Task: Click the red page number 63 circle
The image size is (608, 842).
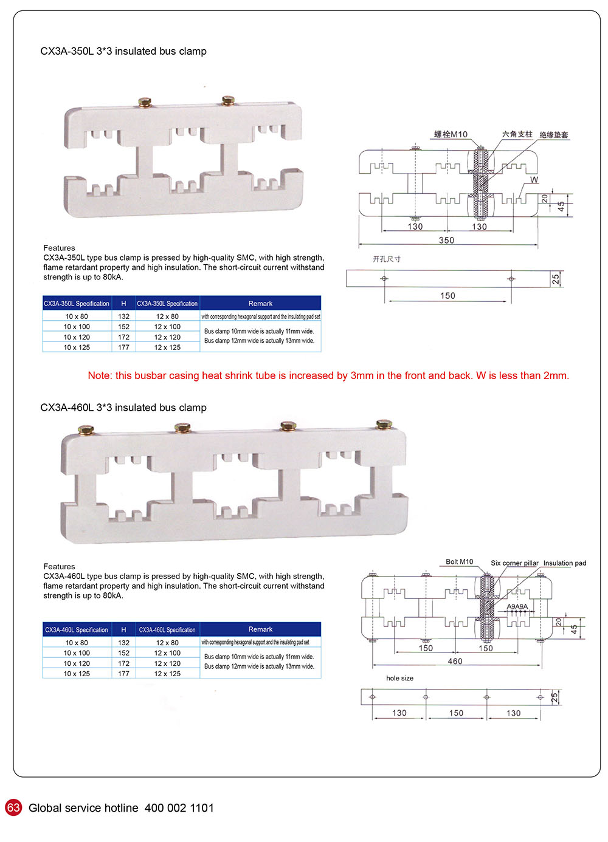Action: pyautogui.click(x=13, y=807)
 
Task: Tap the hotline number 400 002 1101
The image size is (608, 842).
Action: pyautogui.click(x=179, y=808)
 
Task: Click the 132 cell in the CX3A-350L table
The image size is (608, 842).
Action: pyautogui.click(x=124, y=317)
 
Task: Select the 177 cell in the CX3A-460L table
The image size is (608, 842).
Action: pyautogui.click(x=124, y=674)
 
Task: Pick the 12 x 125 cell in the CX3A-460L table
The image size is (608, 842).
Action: pyautogui.click(x=167, y=674)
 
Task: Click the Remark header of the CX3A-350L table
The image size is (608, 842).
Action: pyautogui.click(x=260, y=303)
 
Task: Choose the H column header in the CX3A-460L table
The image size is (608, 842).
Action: pyautogui.click(x=124, y=630)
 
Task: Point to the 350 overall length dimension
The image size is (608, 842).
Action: pyautogui.click(x=446, y=241)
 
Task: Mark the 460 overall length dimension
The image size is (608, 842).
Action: pyautogui.click(x=455, y=662)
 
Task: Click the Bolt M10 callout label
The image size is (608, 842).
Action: pyautogui.click(x=459, y=562)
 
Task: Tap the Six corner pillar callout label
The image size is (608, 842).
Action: pyautogui.click(x=514, y=563)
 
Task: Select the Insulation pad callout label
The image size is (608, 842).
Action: pyautogui.click(x=565, y=563)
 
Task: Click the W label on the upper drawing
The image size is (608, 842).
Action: pyautogui.click(x=534, y=180)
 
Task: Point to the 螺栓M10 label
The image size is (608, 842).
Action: pyautogui.click(x=451, y=134)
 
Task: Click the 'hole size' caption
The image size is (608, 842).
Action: pyautogui.click(x=399, y=678)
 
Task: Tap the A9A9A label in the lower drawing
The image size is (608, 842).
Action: pyautogui.click(x=517, y=607)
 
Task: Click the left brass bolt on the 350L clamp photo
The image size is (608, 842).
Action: pyautogui.click(x=145, y=103)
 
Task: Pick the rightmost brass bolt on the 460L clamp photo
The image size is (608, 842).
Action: pyautogui.click(x=384, y=424)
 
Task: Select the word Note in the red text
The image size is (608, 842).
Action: pyautogui.click(x=99, y=375)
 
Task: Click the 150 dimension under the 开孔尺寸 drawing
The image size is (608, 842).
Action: pyautogui.click(x=447, y=296)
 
